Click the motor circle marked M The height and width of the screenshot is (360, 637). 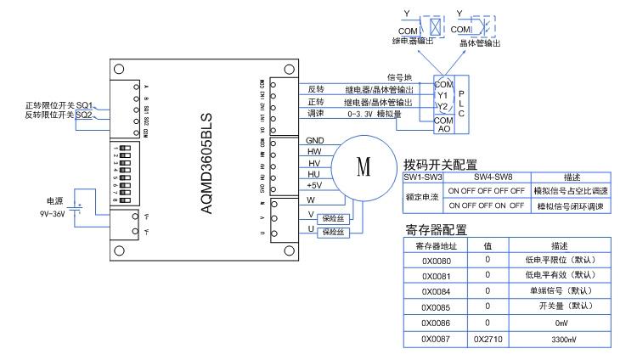(364, 166)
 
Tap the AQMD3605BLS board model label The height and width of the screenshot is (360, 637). (206, 162)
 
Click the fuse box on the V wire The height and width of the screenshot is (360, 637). (330, 217)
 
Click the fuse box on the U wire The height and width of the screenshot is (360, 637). (330, 231)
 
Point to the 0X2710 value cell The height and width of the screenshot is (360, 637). (488, 339)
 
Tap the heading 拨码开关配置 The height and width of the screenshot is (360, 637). (440, 164)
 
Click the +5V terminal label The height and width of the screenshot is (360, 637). (313, 185)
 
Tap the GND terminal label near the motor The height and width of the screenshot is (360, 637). (314, 140)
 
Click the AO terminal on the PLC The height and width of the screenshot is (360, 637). (443, 128)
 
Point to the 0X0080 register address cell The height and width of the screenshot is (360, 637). (436, 261)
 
